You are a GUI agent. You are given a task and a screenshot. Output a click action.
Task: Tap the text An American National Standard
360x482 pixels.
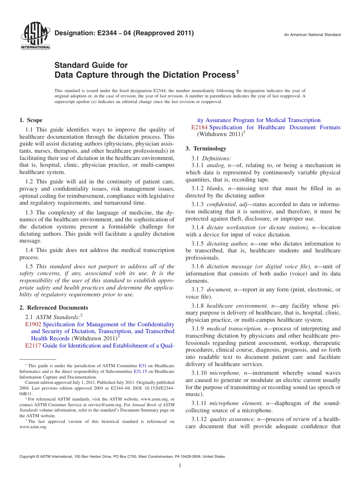tap(312, 35)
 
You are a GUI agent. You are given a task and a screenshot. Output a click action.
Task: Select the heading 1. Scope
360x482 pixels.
tap(31, 121)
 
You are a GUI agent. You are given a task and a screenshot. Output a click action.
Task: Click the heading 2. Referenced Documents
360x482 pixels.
tap(53, 308)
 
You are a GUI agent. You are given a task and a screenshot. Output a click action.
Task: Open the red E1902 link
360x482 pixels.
tap(33, 324)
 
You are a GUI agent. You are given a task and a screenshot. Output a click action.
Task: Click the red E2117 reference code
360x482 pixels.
tap(33, 346)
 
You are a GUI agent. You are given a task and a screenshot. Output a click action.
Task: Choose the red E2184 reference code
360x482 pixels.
tap(199, 127)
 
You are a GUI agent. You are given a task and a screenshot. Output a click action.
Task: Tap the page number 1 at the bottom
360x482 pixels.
tap(180, 466)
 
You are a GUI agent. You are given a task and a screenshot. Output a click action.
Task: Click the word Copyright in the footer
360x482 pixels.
tap(28, 457)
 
